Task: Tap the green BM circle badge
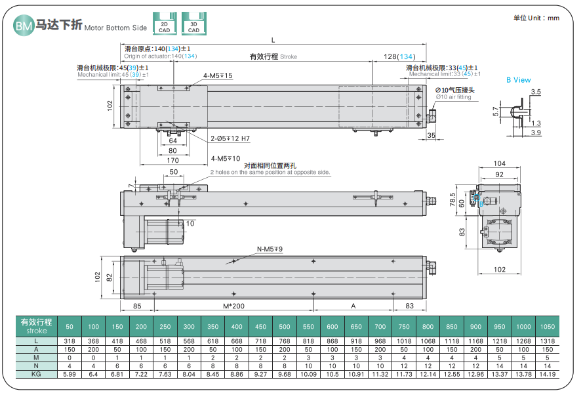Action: pos(24,26)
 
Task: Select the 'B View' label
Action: pos(518,80)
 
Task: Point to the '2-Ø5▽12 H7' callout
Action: pos(230,138)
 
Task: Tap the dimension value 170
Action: pos(173,160)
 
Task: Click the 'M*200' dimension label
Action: pos(233,306)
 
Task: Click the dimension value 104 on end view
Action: pos(499,163)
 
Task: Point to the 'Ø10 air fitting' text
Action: pos(453,97)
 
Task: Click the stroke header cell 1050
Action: pos(546,326)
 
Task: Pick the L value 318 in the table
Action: pos(70,341)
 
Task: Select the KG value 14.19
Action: pos(546,373)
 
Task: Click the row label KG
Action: pos(37,373)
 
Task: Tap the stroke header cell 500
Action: pos(284,326)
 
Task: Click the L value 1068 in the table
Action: pos(428,341)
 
